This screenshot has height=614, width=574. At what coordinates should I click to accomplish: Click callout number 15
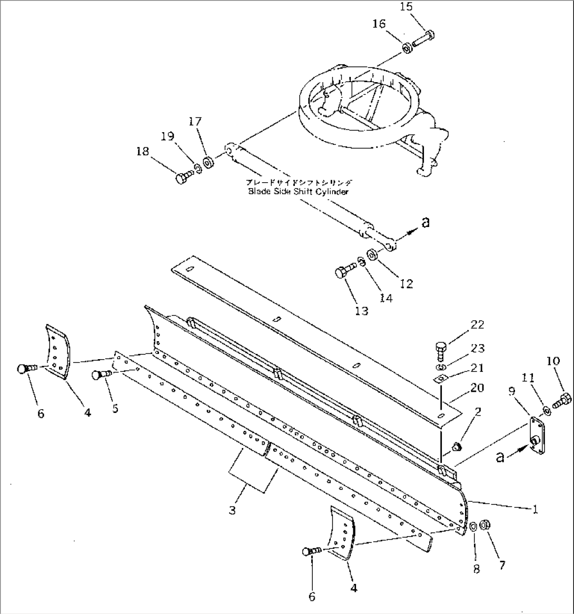coord(406,7)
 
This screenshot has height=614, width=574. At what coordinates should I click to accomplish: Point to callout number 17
coord(195,122)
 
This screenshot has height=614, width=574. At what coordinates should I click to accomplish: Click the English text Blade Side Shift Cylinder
coord(298,192)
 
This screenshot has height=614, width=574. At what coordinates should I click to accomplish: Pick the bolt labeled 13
coord(343,272)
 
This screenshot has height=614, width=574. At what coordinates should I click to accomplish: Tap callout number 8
coord(476,569)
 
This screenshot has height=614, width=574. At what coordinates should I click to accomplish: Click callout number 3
coord(232,510)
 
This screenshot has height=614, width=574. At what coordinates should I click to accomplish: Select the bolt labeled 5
coord(100,375)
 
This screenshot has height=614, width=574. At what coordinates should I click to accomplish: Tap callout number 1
coord(536,510)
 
